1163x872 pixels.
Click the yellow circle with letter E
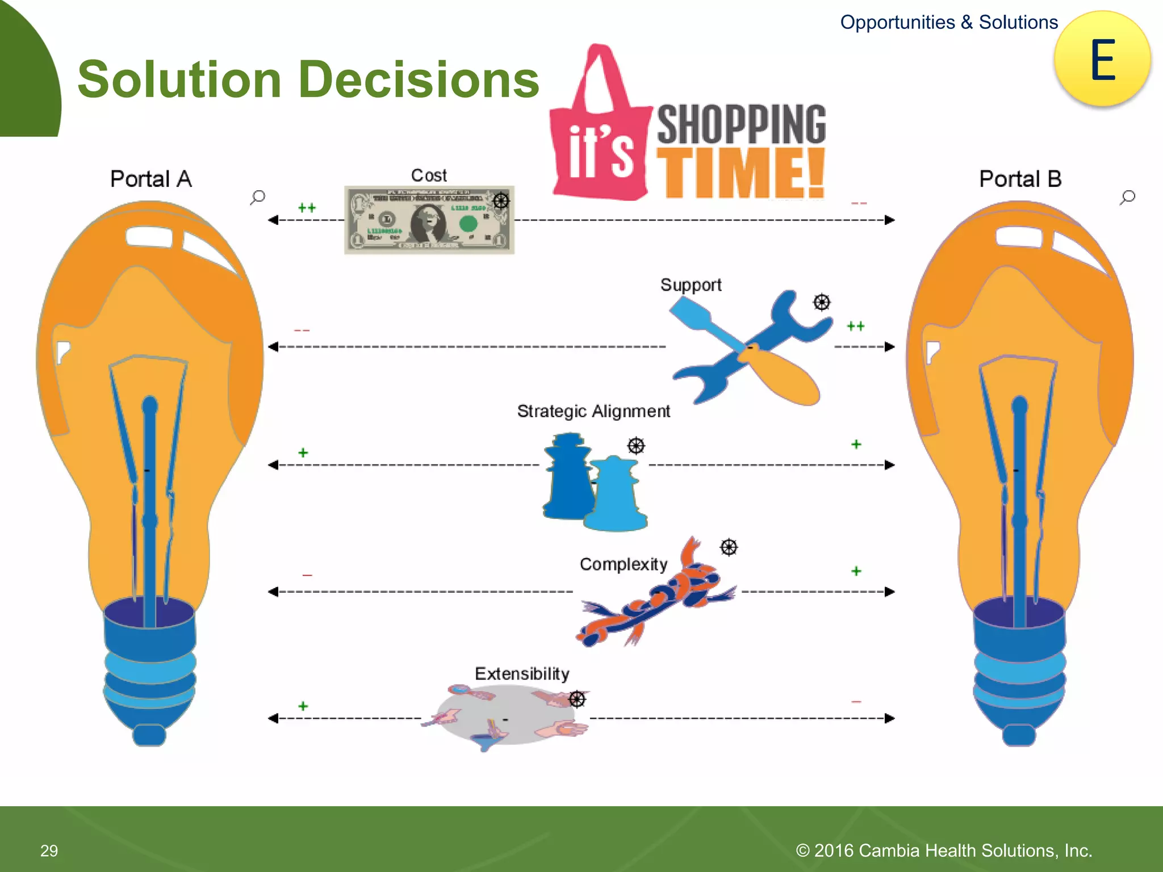[1102, 59]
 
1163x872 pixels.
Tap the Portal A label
[150, 179]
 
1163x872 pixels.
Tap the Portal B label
[1020, 179]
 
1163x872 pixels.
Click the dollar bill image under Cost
[429, 220]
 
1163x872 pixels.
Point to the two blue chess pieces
[593, 483]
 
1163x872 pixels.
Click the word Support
[691, 284]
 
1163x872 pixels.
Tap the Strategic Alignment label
[593, 411]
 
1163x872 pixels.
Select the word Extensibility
[522, 674]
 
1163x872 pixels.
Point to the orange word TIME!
[741, 173]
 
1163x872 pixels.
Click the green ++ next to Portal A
[307, 208]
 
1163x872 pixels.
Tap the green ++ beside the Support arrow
[855, 326]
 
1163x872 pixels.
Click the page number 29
[49, 850]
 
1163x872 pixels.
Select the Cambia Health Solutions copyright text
[944, 850]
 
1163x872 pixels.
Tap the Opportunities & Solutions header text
[949, 22]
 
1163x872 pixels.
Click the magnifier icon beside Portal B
[1127, 197]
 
